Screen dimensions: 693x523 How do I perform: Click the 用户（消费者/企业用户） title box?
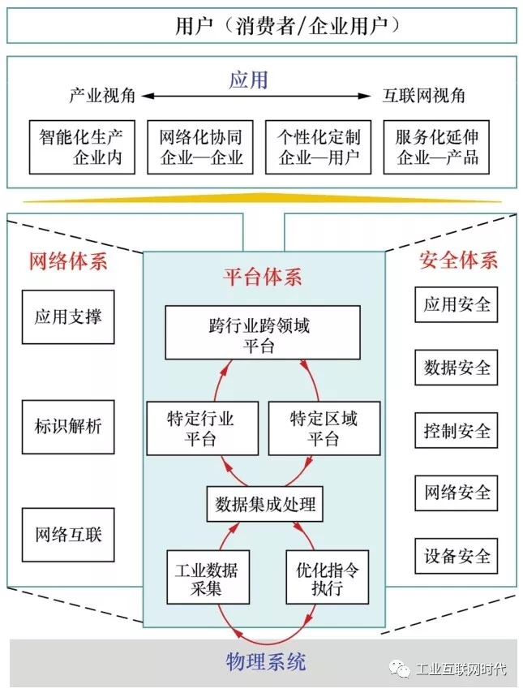click(x=261, y=25)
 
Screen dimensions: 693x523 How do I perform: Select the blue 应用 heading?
click(x=248, y=80)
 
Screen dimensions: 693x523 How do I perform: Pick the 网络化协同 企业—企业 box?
click(x=200, y=147)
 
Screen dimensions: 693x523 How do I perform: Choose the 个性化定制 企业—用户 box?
click(x=319, y=147)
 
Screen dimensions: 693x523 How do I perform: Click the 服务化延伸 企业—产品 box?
click(x=437, y=147)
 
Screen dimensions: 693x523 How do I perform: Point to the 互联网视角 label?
click(x=424, y=96)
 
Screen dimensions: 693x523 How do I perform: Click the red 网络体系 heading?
click(x=67, y=261)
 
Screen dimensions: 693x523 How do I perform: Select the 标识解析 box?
click(x=68, y=426)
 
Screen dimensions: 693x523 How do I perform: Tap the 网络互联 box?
click(x=68, y=535)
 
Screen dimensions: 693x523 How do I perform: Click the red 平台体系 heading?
click(x=262, y=277)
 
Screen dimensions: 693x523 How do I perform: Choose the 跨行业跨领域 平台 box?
click(x=263, y=332)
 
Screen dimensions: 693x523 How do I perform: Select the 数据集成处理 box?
click(x=264, y=505)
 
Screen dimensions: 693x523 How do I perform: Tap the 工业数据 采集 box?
click(x=202, y=577)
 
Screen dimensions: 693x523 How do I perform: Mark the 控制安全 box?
click(x=457, y=430)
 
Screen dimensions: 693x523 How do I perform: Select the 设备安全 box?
click(x=457, y=556)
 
